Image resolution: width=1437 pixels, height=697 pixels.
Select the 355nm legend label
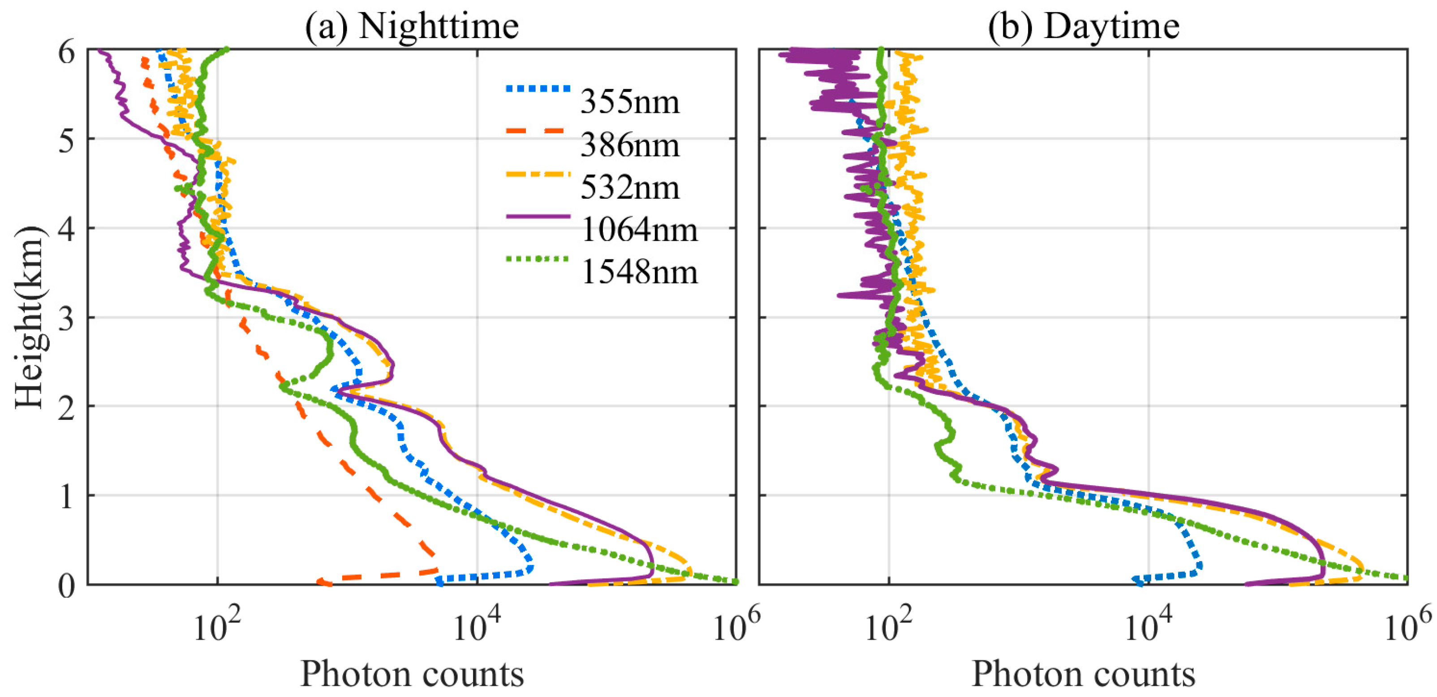tap(630, 102)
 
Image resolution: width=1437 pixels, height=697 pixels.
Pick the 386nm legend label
tap(630, 145)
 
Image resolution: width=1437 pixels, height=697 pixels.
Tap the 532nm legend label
tap(630, 188)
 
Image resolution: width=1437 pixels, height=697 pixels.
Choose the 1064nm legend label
tap(639, 230)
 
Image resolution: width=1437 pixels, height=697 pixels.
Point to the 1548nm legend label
tap(639, 273)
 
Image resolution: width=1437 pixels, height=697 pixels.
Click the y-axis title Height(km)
tap(29, 317)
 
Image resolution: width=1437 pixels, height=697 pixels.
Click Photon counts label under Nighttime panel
tap(412, 674)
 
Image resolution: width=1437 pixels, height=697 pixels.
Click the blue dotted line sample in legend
tap(538, 89)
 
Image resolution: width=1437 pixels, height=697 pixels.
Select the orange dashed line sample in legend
tap(538, 131)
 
